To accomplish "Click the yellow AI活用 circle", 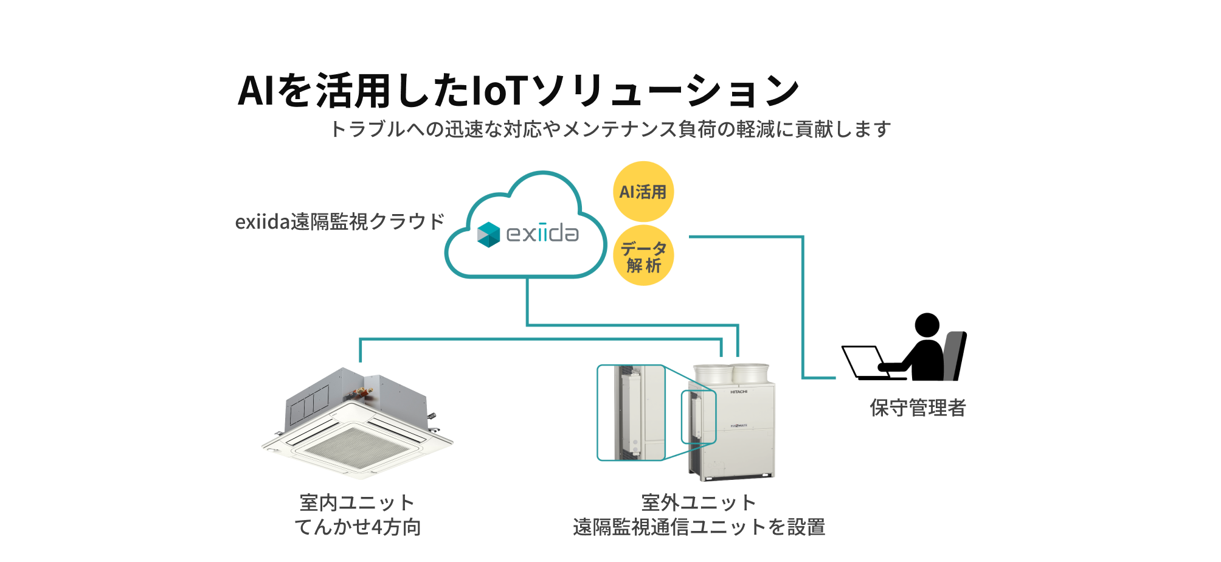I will [643, 192].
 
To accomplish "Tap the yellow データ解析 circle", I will [643, 256].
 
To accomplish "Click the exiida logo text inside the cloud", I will [542, 233].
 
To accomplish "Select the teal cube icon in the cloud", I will [488, 235].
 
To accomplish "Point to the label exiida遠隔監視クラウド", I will [340, 221].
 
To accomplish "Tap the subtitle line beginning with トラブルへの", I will [610, 129].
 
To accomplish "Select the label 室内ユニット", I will [357, 502].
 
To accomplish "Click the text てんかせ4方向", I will [358, 527].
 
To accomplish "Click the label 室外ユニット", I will [699, 502].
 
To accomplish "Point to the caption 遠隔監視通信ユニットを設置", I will [699, 527].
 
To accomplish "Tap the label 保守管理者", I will [918, 408].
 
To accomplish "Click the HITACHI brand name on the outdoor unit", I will [739, 392].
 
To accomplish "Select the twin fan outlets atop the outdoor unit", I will [732, 373].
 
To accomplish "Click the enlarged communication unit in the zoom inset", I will [629, 412].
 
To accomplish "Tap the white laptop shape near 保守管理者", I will [865, 361].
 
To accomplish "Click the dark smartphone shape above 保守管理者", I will [953, 356].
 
